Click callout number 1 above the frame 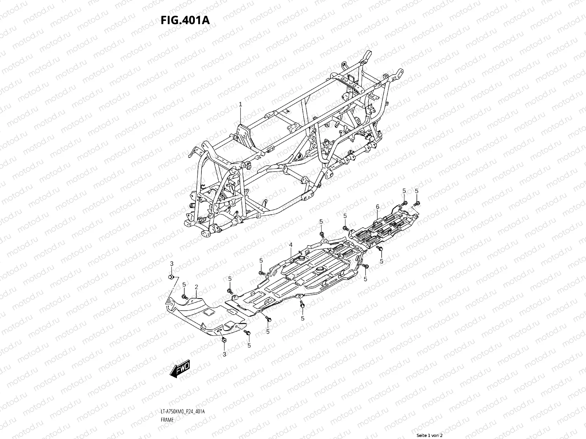240,104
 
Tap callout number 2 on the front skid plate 196,287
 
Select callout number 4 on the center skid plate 290,244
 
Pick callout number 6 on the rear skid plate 377,207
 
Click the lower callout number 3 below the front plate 225,354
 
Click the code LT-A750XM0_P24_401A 182,391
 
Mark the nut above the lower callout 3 224,341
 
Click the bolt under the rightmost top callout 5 417,203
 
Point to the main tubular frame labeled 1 278,146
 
